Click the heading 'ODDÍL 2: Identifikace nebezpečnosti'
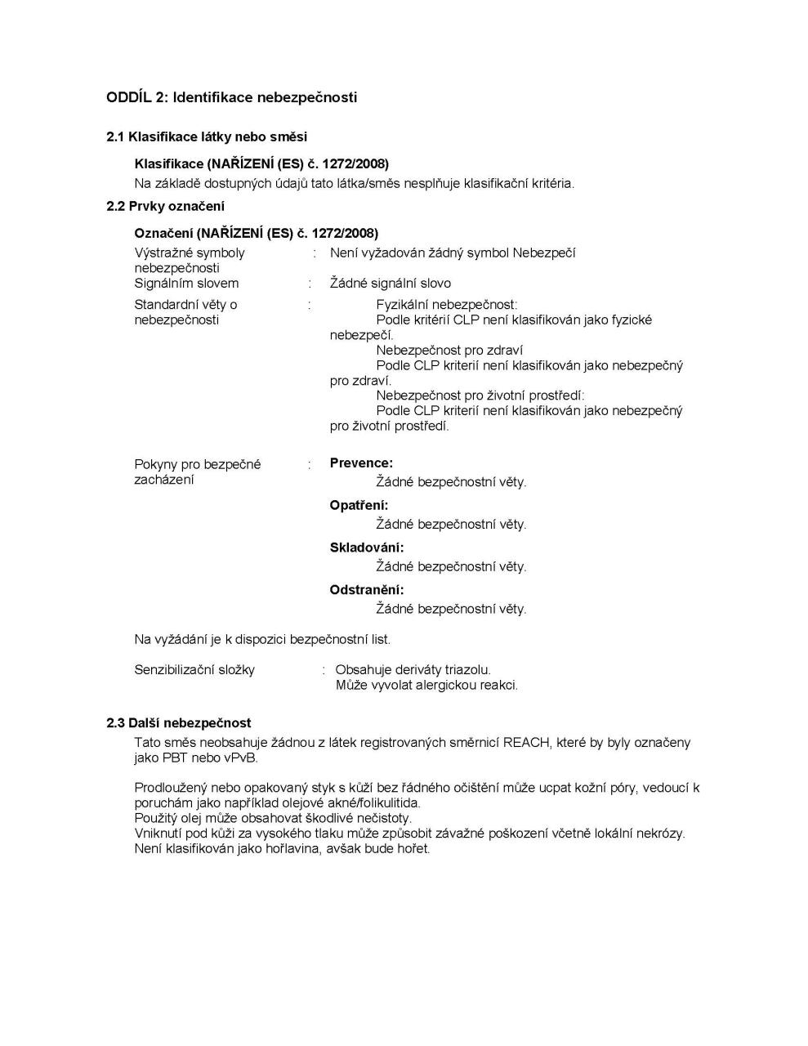[x=231, y=97]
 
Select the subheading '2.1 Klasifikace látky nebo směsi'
[x=207, y=136]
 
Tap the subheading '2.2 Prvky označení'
[x=165, y=206]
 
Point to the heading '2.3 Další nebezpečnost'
[x=179, y=723]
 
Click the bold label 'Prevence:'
[x=361, y=463]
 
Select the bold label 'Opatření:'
[x=359, y=506]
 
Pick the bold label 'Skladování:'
[x=367, y=548]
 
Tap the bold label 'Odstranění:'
[x=367, y=590]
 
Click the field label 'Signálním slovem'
[x=186, y=284]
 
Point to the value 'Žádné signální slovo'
[x=391, y=284]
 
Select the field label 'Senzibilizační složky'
[x=194, y=670]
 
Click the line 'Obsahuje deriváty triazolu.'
[x=413, y=670]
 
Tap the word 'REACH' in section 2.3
[x=528, y=743]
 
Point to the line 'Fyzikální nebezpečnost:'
[x=447, y=305]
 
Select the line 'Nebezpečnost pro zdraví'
[x=449, y=351]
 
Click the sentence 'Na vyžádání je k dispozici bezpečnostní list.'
[x=262, y=639]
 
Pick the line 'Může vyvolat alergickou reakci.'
[x=426, y=686]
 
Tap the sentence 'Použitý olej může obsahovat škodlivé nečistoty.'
[x=273, y=818]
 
